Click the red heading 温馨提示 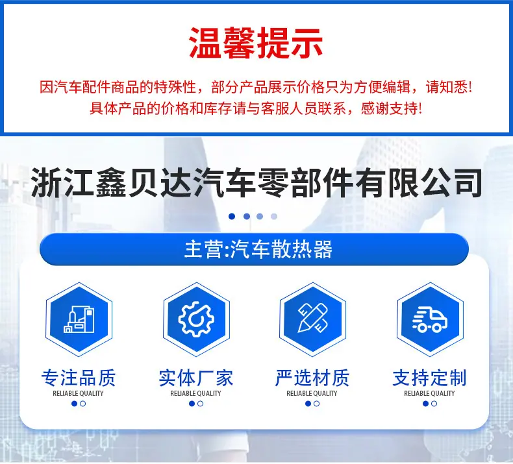point(256,43)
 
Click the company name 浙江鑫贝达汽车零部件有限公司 point(256,182)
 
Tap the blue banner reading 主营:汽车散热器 point(254,249)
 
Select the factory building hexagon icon point(79,319)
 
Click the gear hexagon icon point(196,319)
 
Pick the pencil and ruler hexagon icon point(313,319)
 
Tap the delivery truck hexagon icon point(431,319)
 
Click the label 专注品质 point(79,378)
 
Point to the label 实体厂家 point(196,378)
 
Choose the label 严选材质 point(312,378)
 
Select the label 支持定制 point(430,378)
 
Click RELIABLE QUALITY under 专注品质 point(78,393)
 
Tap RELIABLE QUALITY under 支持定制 point(430,393)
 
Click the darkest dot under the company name point(232,217)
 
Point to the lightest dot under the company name point(274,217)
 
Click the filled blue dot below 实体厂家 point(192,404)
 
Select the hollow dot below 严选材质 point(316,404)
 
